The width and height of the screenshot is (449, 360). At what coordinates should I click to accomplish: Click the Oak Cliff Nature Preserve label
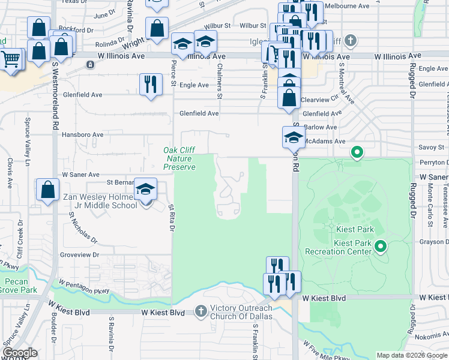coord(179,158)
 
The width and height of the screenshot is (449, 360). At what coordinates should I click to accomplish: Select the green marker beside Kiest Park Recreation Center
coord(379,246)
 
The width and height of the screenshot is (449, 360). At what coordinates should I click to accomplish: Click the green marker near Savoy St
coord(357,153)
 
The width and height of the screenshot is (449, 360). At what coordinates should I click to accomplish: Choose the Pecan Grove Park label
coord(19,286)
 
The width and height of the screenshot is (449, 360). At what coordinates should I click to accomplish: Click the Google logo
coord(20,353)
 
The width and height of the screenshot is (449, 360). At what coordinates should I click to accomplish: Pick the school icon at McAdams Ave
coord(293,137)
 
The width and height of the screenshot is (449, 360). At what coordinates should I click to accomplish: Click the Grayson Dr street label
coord(433,242)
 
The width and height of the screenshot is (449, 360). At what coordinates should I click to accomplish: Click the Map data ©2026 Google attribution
coord(411,355)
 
